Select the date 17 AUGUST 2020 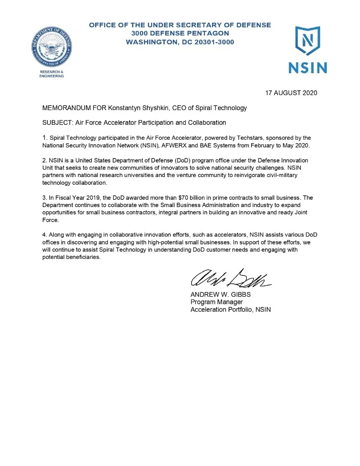(x=291, y=93)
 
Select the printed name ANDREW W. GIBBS (x=220, y=294)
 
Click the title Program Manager (x=216, y=302)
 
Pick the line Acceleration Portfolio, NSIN (x=230, y=310)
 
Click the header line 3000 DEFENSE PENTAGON (x=180, y=33)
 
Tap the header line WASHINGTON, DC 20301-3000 (x=180, y=42)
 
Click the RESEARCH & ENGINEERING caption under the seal (x=52, y=74)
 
